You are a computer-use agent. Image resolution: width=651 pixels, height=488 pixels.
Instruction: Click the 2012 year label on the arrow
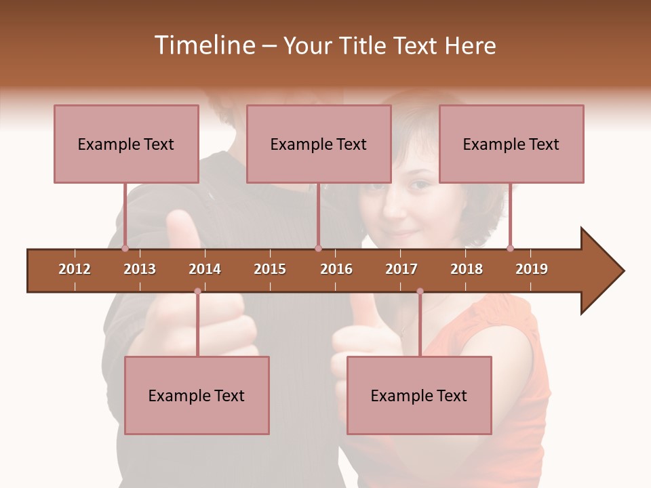click(75, 269)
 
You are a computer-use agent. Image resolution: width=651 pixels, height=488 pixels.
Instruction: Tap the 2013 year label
click(140, 269)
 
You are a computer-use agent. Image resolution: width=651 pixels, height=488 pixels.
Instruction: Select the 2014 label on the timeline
click(205, 269)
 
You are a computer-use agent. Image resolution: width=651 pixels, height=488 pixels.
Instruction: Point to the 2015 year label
click(270, 269)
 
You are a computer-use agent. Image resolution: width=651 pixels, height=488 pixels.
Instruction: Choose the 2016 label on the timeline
click(336, 269)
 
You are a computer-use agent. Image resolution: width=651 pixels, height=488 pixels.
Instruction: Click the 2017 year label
click(401, 269)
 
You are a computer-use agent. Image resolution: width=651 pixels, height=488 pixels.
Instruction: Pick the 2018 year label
click(467, 269)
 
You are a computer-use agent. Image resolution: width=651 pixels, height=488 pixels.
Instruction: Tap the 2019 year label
click(532, 269)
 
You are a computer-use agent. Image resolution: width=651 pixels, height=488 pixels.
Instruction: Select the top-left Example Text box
click(126, 144)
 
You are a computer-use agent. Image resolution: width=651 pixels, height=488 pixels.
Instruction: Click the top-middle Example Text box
click(319, 144)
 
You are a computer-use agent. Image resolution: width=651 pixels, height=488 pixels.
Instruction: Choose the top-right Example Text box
click(511, 144)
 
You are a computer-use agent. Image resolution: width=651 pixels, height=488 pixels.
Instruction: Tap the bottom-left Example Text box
click(197, 395)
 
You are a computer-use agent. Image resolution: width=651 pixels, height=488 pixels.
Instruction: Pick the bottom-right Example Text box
click(419, 395)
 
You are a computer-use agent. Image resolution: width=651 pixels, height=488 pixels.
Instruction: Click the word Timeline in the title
click(204, 45)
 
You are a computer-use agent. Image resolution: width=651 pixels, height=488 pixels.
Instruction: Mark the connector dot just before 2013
click(125, 248)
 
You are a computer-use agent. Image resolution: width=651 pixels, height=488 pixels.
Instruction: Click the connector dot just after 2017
click(420, 291)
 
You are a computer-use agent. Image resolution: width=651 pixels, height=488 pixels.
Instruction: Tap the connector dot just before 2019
click(510, 248)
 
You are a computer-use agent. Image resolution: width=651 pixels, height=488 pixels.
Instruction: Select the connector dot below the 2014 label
click(197, 291)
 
